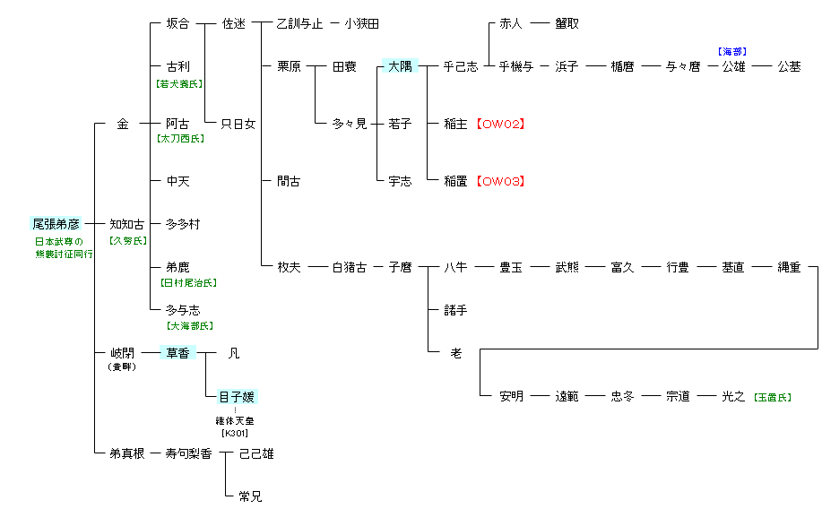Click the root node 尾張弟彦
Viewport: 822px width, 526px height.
[x=56, y=224]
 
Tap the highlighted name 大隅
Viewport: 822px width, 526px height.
[x=399, y=66]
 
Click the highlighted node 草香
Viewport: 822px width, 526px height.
[x=177, y=353]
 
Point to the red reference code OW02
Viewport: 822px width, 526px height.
[x=500, y=125]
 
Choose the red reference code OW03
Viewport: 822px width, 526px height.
[x=500, y=181]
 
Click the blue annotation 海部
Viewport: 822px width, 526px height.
[x=732, y=53]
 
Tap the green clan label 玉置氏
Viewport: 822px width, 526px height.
[x=772, y=397]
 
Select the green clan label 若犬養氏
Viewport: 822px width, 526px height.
[x=179, y=83]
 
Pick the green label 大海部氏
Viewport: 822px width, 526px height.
[x=189, y=325]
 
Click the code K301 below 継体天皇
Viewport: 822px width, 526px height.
[x=235, y=434]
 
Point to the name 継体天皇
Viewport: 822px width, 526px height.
[x=235, y=420]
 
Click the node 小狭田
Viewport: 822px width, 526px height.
[x=361, y=24]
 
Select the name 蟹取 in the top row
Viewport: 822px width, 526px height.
[x=567, y=24]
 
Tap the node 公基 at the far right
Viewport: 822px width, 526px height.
[x=789, y=66]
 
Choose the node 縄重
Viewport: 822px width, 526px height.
[x=789, y=267]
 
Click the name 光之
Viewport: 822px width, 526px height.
[x=733, y=396]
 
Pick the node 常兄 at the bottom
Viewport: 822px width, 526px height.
[x=250, y=496]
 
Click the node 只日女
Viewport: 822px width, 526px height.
[x=238, y=124]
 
